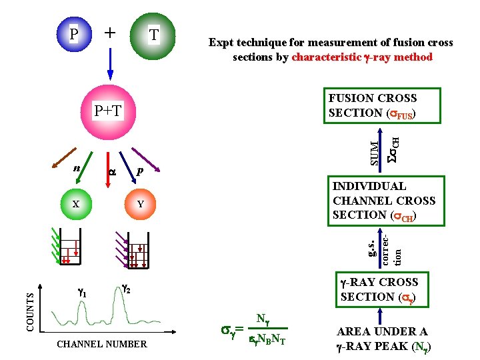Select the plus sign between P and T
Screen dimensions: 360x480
pyautogui.click(x=110, y=32)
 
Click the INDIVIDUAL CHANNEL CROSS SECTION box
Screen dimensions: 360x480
pyautogui.click(x=383, y=201)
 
